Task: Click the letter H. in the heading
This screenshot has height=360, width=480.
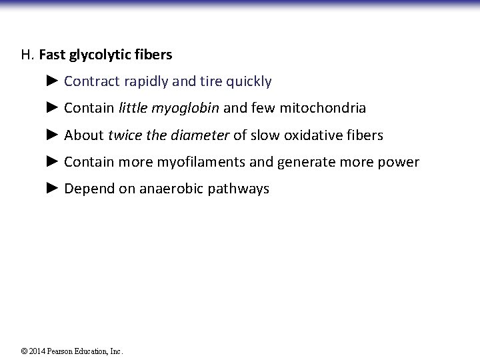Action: (x=27, y=55)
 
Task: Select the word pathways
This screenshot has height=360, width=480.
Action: (x=239, y=189)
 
